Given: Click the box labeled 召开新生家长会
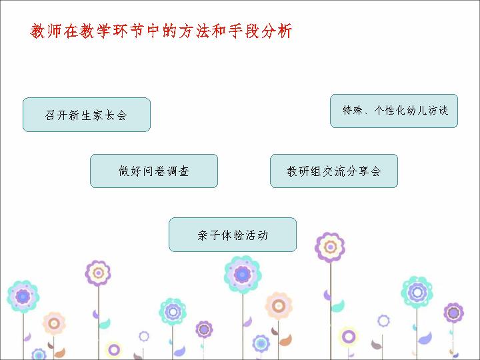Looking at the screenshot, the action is (87, 115).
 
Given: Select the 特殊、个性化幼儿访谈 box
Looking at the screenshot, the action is (394, 111).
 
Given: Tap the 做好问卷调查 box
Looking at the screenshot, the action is (154, 171).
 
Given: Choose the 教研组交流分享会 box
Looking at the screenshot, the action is (334, 171).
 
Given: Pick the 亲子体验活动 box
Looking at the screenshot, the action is (233, 235).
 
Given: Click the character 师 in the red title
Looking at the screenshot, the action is (55, 31).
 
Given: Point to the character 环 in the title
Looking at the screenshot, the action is (121, 31).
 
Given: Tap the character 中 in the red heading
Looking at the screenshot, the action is (153, 31).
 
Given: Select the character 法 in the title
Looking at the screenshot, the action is (203, 31).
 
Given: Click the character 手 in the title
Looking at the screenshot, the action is (235, 31).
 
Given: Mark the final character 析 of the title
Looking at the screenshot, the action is (285, 31).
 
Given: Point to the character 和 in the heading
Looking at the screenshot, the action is (219, 31).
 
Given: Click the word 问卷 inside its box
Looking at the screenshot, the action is (154, 171).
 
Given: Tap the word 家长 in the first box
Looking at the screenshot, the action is (104, 115).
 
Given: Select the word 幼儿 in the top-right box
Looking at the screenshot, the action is (417, 111).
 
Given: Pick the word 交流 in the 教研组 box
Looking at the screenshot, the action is (334, 171).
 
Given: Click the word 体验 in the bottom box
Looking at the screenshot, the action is (233, 235).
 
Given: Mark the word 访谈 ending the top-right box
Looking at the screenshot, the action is (439, 111).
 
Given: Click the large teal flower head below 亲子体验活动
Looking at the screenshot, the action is (243, 275).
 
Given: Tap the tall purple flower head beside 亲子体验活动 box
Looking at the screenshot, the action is (330, 247).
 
